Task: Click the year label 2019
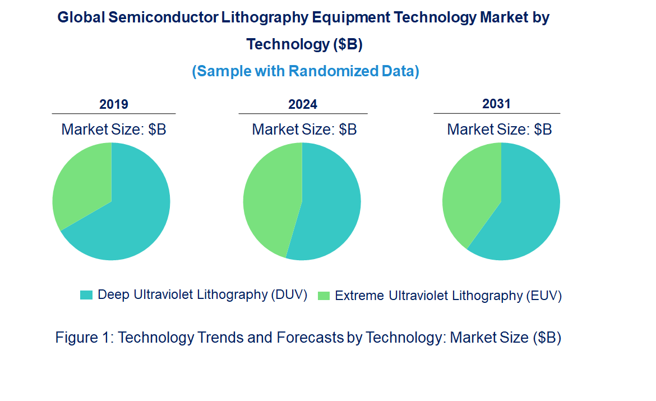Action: coord(114,104)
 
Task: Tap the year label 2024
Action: coord(303,104)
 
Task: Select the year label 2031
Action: coord(496,104)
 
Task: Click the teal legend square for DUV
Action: coord(86,295)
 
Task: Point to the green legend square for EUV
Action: coord(324,296)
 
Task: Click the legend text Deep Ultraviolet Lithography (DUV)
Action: coord(202,295)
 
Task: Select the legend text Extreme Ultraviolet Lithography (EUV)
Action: coord(448,296)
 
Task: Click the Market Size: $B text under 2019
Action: coord(114,130)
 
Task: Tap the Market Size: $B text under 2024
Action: coord(304,130)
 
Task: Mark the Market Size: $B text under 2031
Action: coord(499,130)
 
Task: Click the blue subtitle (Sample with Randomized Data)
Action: coord(306,71)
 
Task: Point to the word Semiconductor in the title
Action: coord(162,17)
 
